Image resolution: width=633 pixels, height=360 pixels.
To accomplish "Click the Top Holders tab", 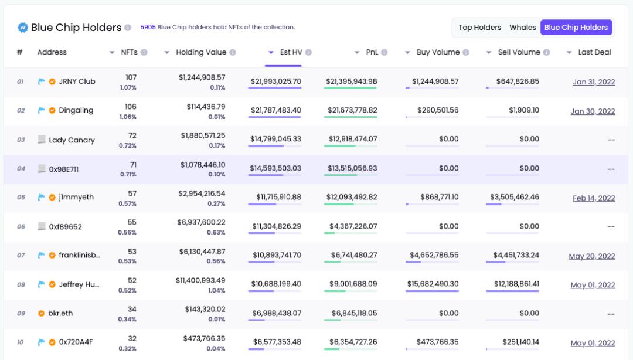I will pos(479,28).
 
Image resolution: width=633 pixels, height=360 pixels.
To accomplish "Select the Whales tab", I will pos(522,28).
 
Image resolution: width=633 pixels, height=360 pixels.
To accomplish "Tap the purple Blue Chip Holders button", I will pos(576,28).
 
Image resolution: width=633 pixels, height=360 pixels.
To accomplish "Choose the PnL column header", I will pos(372,52).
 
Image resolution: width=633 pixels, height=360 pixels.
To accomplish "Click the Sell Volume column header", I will pos(519,52).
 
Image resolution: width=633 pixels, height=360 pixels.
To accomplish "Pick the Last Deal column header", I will pos(594,52).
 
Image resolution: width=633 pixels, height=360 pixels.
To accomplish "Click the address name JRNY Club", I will pos(77,81).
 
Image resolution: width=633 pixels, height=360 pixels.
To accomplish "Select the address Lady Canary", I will pos(72,140).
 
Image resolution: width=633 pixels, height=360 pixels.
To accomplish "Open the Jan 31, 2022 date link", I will pos(594,82).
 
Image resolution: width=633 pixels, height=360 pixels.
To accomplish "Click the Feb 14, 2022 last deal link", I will pos(594,198).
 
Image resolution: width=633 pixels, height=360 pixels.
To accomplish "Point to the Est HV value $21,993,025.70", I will pos(275,81).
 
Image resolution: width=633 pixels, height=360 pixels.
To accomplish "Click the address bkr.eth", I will pos(60,313).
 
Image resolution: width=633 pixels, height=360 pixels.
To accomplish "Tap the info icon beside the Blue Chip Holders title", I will pos(127,28).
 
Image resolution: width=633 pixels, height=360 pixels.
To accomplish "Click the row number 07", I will pos(21,256).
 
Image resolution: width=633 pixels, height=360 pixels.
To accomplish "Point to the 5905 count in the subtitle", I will pos(148,27).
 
